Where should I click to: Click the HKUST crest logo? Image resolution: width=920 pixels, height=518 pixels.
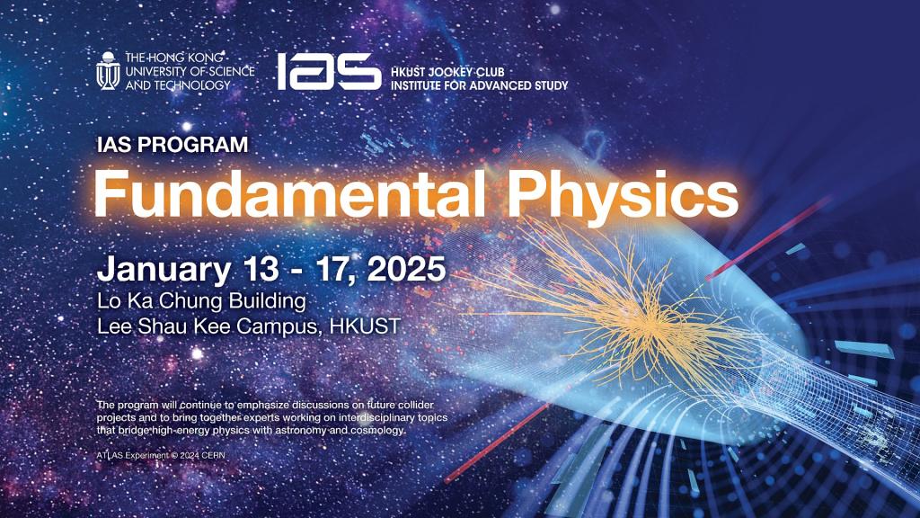pyautogui.click(x=108, y=70)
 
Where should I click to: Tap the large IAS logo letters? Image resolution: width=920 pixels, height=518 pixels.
pyautogui.click(x=328, y=70)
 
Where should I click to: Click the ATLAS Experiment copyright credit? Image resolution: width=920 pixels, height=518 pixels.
pyautogui.click(x=163, y=457)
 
